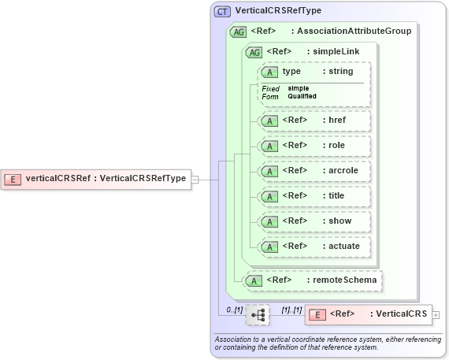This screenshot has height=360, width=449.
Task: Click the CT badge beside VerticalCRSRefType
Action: tap(222, 12)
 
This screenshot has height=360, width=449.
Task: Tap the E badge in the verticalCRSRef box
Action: tap(13, 179)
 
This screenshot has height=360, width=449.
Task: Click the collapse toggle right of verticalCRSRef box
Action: tap(195, 179)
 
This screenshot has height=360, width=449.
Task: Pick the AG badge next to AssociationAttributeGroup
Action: tap(237, 32)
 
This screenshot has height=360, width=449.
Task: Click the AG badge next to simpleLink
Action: tap(254, 52)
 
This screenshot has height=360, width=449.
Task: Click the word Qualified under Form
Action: tap(302, 96)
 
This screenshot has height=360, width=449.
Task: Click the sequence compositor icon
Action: tap(258, 315)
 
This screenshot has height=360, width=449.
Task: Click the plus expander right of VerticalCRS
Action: tap(436, 315)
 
